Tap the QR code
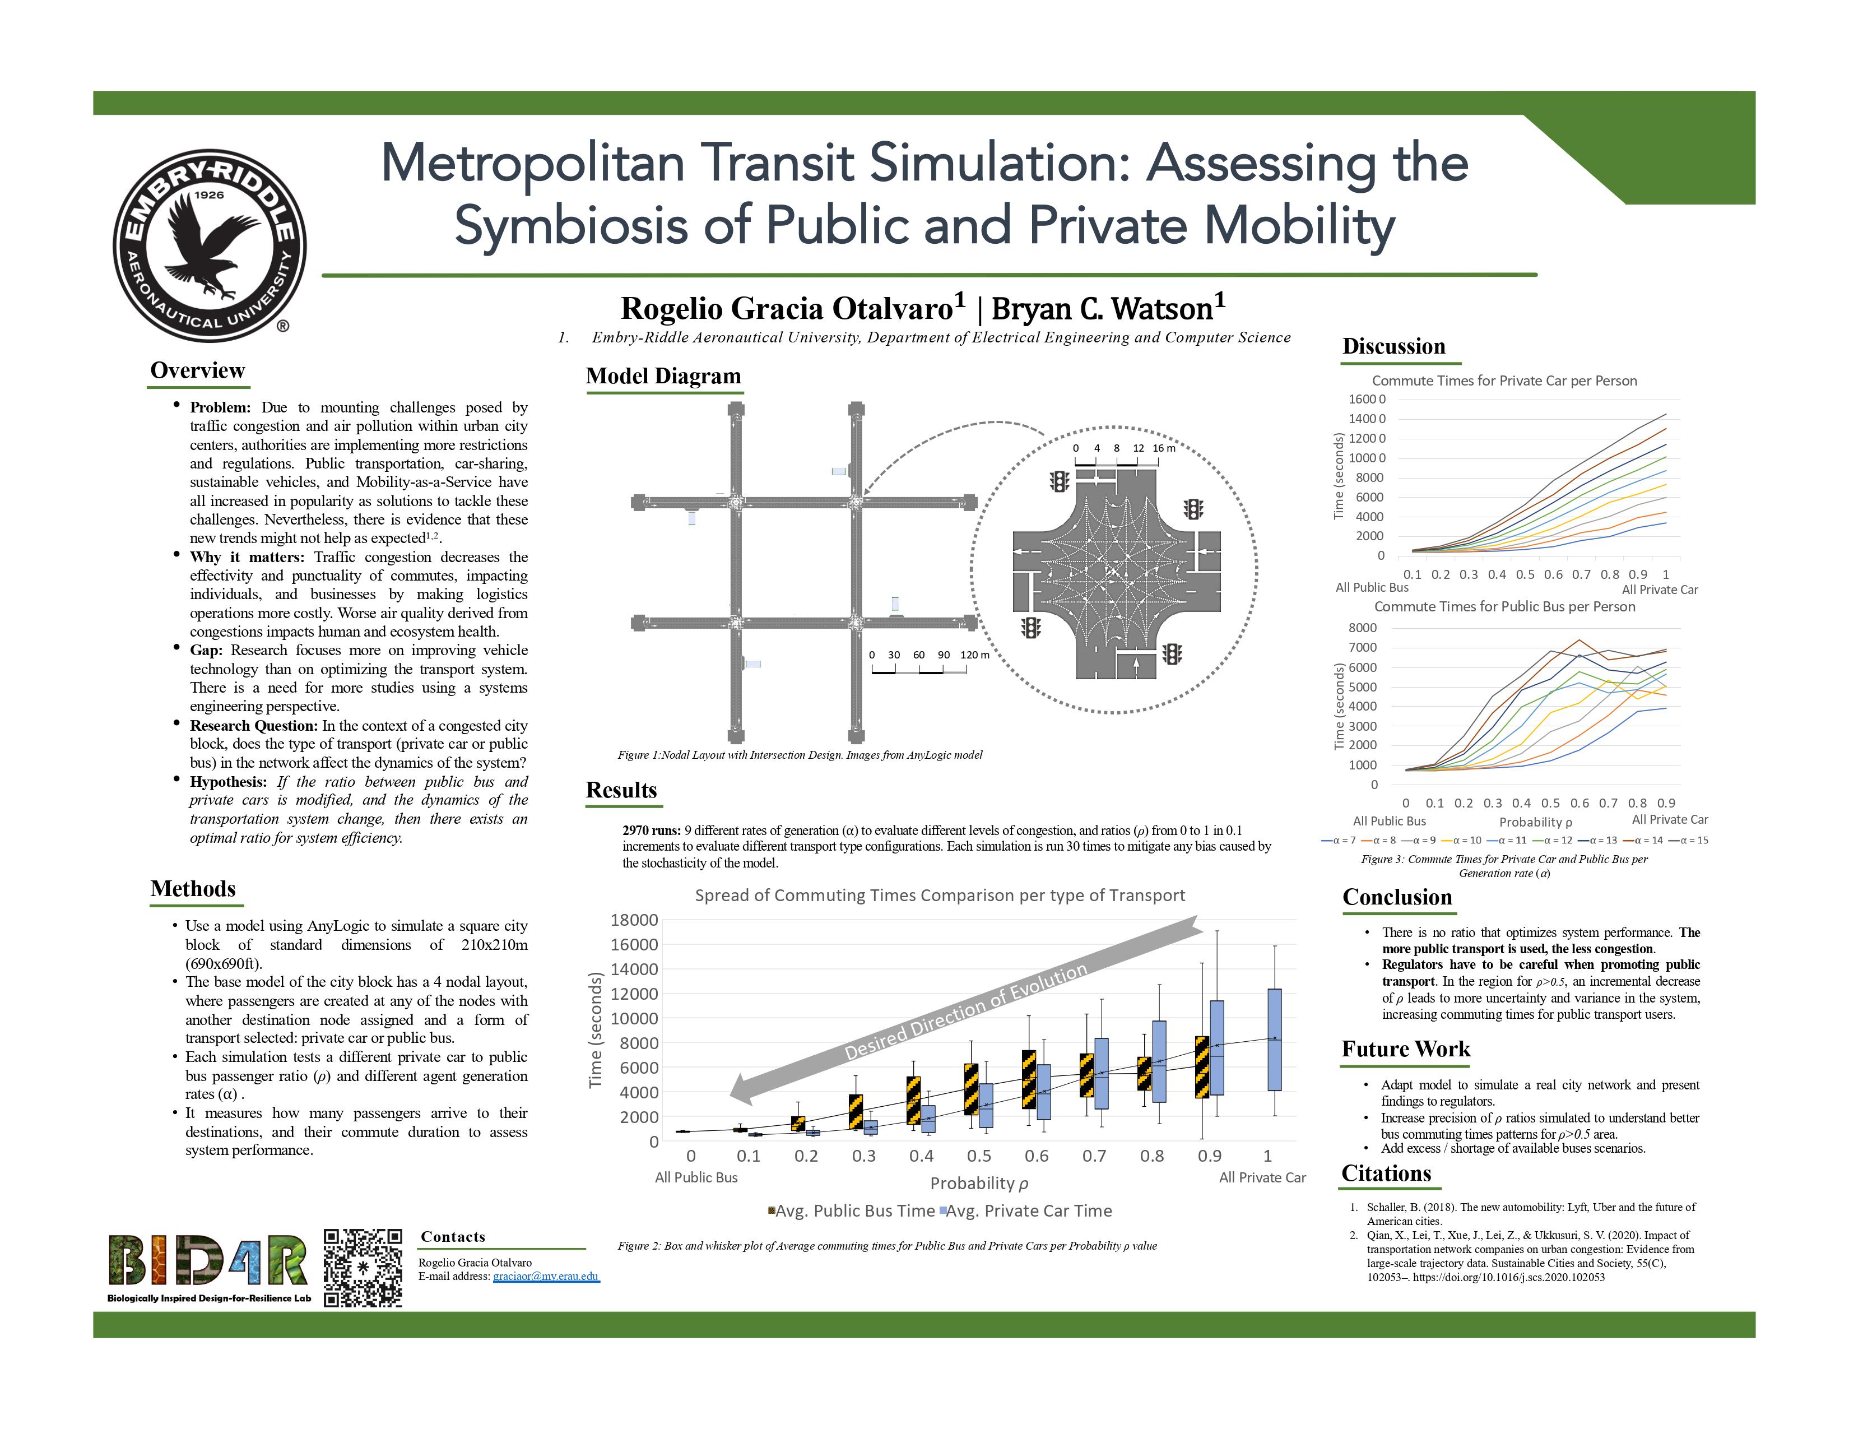click(363, 1267)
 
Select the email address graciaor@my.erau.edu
click(546, 1276)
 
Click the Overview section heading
click(197, 371)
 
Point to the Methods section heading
click(193, 889)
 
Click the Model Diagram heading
click(663, 376)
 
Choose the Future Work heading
click(1405, 1049)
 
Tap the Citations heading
click(1386, 1173)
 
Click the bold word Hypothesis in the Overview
click(227, 782)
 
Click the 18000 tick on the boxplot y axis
click(634, 920)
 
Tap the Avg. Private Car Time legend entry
click(1028, 1210)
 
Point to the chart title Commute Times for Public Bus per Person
click(1504, 607)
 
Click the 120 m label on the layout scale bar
click(974, 655)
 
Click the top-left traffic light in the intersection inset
click(1059, 482)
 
